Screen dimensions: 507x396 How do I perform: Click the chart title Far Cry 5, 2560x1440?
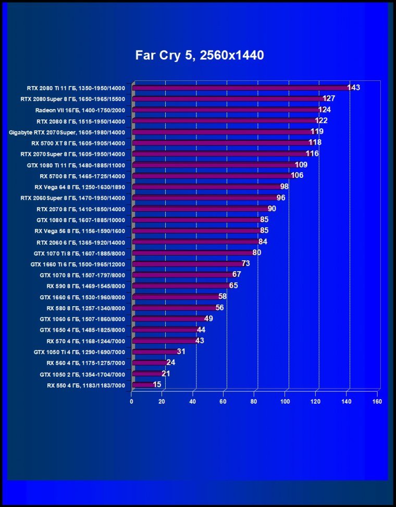point(200,55)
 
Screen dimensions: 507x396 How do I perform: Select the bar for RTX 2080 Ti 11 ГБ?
point(240,88)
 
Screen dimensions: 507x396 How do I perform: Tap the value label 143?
point(353,87)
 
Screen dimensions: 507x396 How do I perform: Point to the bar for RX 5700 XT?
point(221,143)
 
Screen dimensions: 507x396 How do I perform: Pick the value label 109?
point(301,165)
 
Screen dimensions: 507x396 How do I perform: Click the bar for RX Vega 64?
point(206,187)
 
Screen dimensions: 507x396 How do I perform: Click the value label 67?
point(237,274)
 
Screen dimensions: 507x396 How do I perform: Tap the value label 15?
point(157,384)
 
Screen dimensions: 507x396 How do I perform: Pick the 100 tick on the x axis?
point(285,402)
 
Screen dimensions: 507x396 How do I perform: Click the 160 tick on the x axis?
point(377,402)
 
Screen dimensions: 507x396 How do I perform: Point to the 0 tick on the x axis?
point(131,402)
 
